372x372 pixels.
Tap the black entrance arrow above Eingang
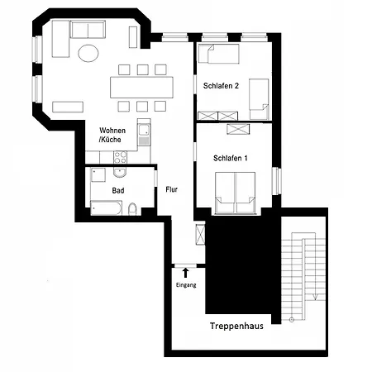[x=186, y=271]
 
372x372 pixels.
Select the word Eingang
[x=186, y=285]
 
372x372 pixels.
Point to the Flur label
[x=173, y=188]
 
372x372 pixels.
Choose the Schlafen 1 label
[x=231, y=157]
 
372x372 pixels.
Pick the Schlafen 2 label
[x=220, y=86]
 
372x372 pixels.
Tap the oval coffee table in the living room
[x=88, y=54]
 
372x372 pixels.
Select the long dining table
[x=142, y=87]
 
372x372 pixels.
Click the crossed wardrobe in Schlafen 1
[x=238, y=129]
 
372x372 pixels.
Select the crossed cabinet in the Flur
[x=198, y=233]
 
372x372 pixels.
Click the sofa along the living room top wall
[x=87, y=31]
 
